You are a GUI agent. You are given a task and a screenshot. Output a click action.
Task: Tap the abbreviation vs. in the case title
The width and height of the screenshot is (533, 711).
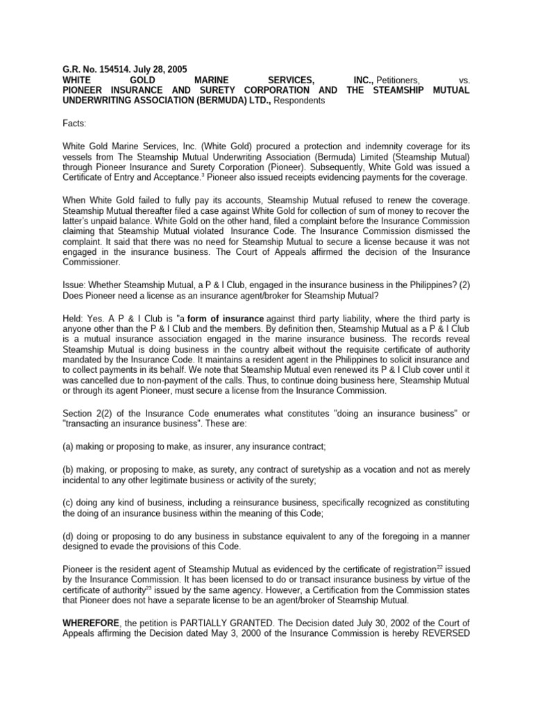point(464,81)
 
